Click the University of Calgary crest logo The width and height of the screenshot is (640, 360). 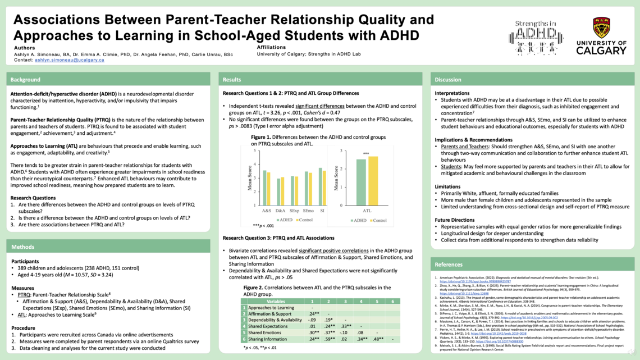(x=601, y=28)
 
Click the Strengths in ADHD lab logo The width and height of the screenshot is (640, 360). (x=536, y=38)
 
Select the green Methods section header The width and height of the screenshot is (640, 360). (x=22, y=246)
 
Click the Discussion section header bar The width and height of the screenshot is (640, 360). (x=448, y=80)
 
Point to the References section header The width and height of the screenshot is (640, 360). (x=449, y=264)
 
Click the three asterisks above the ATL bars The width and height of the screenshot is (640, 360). (x=366, y=154)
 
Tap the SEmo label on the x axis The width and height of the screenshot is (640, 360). (x=309, y=211)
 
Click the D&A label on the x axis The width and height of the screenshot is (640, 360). (x=280, y=211)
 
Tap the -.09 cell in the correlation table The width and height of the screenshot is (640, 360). (x=312, y=320)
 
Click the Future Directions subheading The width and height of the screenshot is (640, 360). (x=455, y=220)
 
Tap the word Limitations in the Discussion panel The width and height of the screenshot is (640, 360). (x=447, y=186)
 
